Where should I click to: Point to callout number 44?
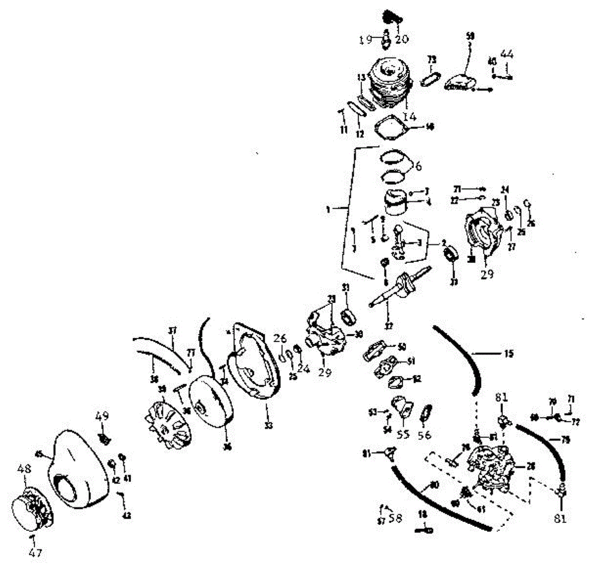pyautogui.click(x=506, y=54)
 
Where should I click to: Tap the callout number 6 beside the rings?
pyautogui.click(x=418, y=167)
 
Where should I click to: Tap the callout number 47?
pyautogui.click(x=35, y=552)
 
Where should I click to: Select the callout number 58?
pyautogui.click(x=396, y=518)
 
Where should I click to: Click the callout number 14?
pyautogui.click(x=410, y=116)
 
